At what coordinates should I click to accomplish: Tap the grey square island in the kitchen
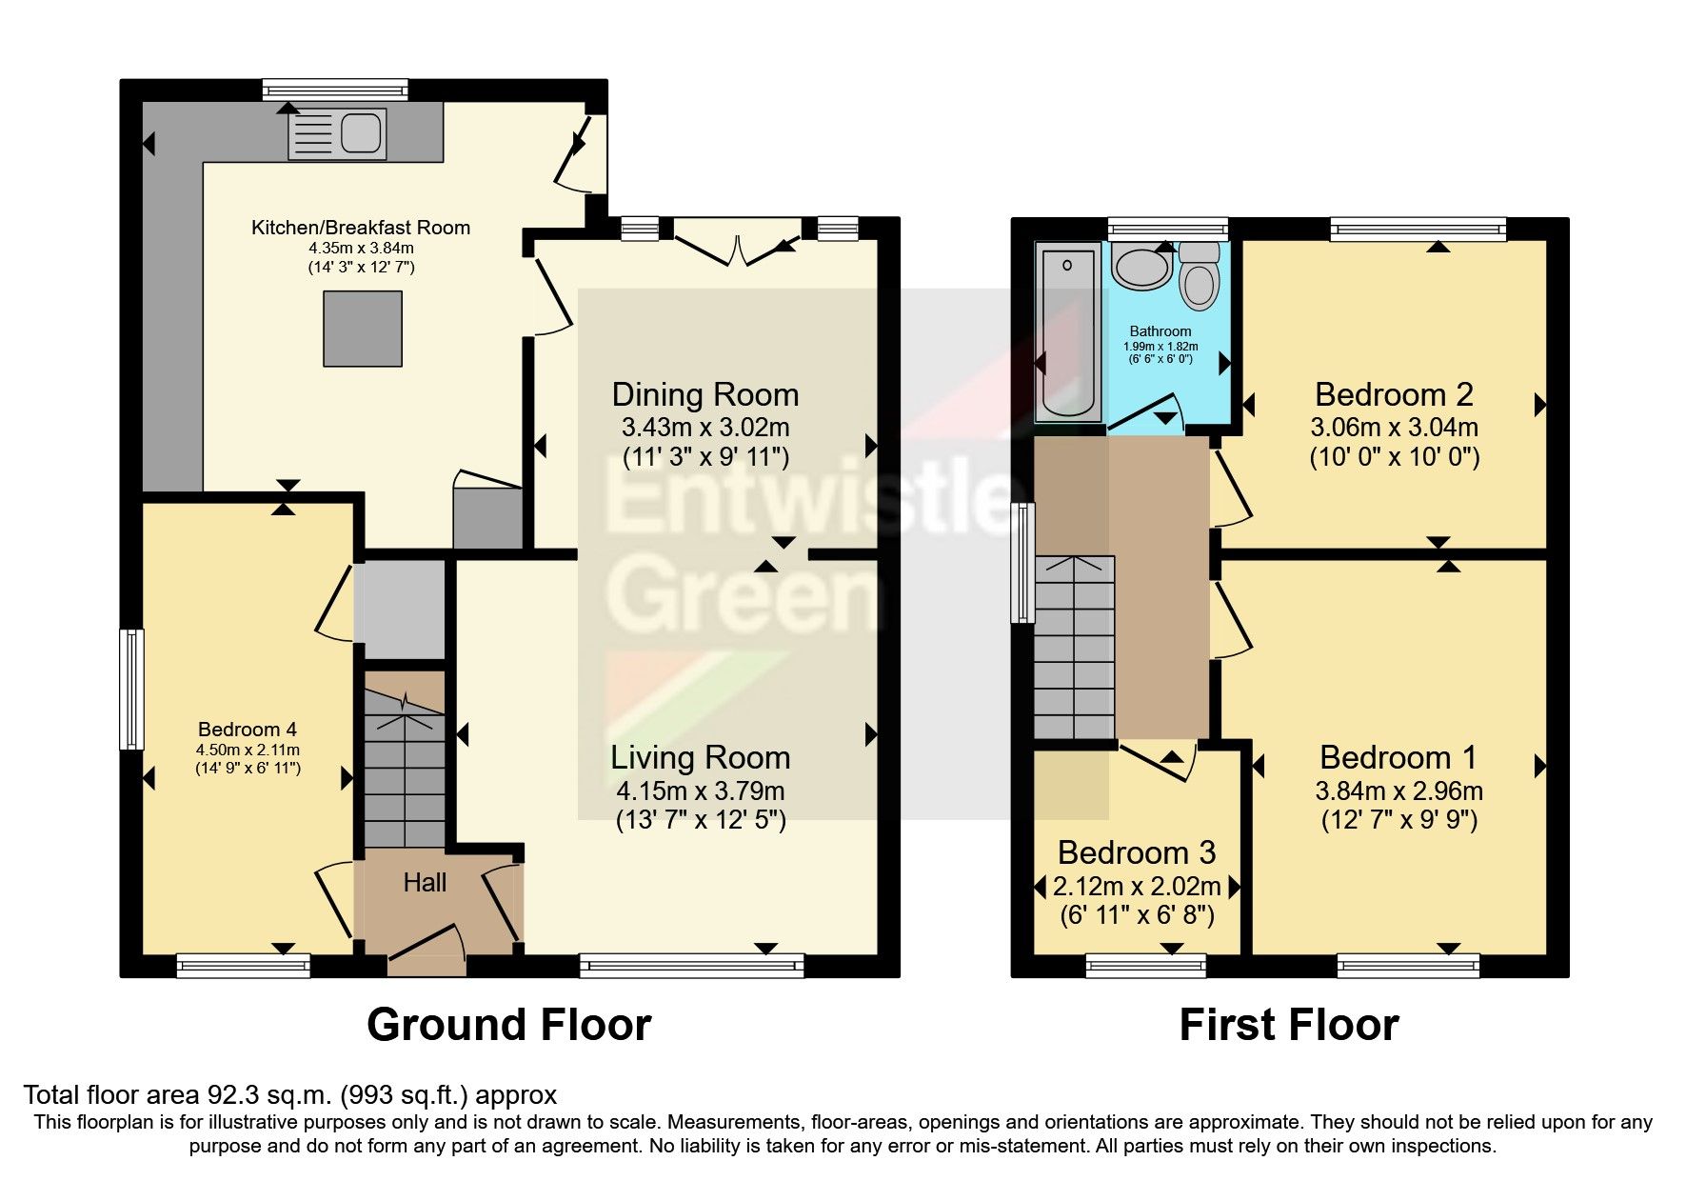[362, 329]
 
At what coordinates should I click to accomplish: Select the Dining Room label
[704, 394]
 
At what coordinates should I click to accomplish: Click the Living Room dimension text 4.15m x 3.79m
[701, 791]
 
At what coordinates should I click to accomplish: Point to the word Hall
[425, 883]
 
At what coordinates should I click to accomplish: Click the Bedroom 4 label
[248, 730]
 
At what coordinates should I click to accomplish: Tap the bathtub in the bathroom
[1067, 332]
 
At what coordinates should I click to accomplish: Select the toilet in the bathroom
[1200, 277]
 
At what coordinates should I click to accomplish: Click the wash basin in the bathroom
[1141, 268]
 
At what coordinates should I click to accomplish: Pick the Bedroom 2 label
[1394, 394]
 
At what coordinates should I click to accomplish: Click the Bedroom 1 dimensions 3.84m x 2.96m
[1398, 791]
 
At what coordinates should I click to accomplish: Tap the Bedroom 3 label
[1137, 852]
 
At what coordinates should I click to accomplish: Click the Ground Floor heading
[508, 1025]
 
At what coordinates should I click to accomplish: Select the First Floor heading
[1288, 1025]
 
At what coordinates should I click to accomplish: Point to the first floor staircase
[1074, 648]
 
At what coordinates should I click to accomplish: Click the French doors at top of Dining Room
[737, 244]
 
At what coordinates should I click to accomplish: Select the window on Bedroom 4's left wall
[131, 689]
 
